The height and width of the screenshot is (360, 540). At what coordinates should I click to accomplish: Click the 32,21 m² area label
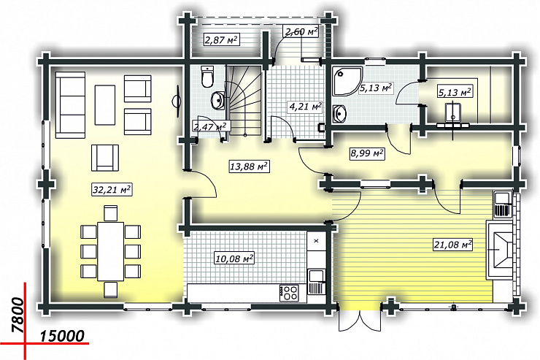pyautogui.click(x=112, y=190)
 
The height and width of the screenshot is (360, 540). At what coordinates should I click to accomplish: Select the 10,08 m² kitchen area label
pyautogui.click(x=234, y=258)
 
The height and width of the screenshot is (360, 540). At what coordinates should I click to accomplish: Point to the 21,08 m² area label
pyautogui.click(x=452, y=245)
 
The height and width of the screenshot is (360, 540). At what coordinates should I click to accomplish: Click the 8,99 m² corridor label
pyautogui.click(x=367, y=153)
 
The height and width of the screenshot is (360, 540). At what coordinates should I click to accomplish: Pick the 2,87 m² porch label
pyautogui.click(x=221, y=39)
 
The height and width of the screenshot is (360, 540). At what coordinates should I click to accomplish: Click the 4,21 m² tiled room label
pyautogui.click(x=305, y=107)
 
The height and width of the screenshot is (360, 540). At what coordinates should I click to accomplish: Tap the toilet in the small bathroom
pyautogui.click(x=208, y=76)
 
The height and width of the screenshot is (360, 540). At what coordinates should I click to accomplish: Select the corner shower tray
pyautogui.click(x=347, y=80)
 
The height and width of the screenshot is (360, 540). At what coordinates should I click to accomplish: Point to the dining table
pyautogui.click(x=110, y=251)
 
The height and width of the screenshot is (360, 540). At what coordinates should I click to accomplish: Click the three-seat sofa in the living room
pyautogui.click(x=70, y=104)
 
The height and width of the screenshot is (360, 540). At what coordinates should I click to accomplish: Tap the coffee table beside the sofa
pyautogui.click(x=104, y=104)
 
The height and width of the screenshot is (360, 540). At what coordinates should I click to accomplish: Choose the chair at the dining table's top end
pyautogui.click(x=110, y=213)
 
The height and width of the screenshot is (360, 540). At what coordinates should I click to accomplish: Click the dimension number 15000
pyautogui.click(x=62, y=336)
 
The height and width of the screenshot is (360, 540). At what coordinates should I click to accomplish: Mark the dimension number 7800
pyautogui.click(x=18, y=315)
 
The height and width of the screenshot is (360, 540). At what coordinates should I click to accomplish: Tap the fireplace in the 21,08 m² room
pyautogui.click(x=500, y=250)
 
